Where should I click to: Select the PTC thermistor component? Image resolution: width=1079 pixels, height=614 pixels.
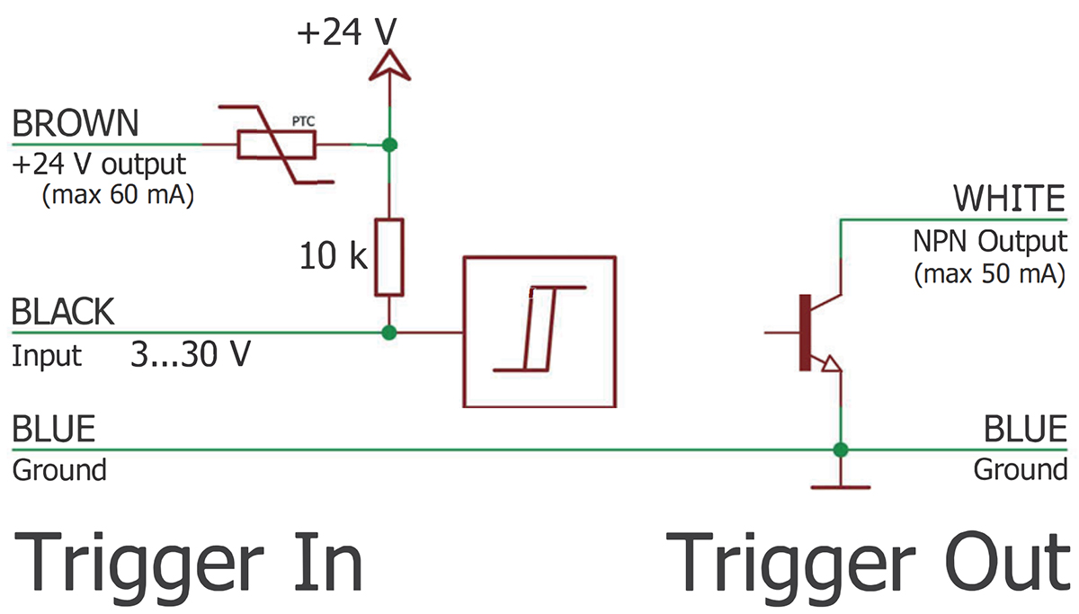point(276,145)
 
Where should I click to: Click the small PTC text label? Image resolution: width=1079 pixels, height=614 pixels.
point(303,119)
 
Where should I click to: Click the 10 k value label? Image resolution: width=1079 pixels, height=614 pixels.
point(334,258)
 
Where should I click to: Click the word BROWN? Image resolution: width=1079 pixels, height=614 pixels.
point(76,122)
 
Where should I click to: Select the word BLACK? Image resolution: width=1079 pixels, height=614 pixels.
point(63,313)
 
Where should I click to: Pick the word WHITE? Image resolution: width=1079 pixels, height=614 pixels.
point(1009,198)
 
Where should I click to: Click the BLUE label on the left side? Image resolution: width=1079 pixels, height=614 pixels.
point(53,429)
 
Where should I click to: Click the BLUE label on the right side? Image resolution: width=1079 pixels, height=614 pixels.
point(1024,429)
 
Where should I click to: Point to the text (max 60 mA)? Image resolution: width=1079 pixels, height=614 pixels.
point(118,195)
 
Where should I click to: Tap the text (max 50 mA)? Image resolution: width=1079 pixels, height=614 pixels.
point(989,273)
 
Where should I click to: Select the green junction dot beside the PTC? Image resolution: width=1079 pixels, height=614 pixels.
point(388,145)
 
